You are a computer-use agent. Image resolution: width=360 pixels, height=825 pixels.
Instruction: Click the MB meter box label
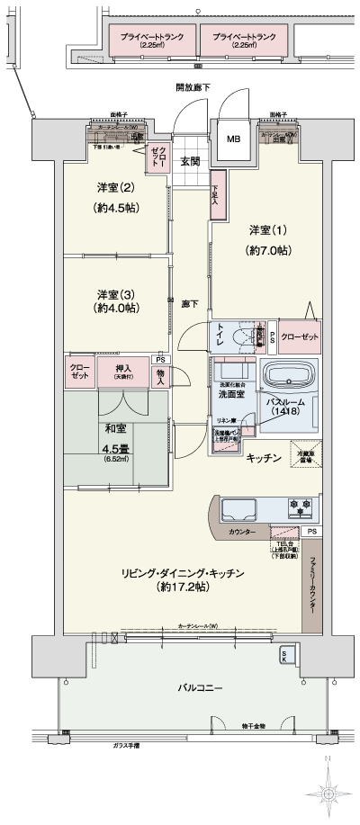click(x=233, y=139)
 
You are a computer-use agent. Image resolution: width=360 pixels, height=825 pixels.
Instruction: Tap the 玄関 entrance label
click(x=190, y=162)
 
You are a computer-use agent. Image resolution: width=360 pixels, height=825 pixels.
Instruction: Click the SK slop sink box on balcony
click(x=285, y=654)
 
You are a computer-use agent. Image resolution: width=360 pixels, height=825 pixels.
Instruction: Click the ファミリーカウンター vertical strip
click(x=312, y=585)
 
